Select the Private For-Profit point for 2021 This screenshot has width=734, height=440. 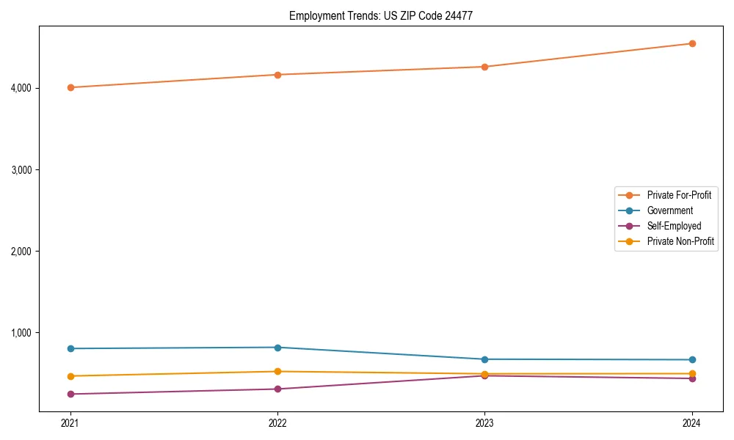pyautogui.click(x=70, y=87)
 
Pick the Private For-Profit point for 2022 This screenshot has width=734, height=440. pyautogui.click(x=277, y=75)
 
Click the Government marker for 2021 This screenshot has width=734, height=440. pyautogui.click(x=70, y=348)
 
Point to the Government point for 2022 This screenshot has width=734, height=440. pyautogui.click(x=277, y=348)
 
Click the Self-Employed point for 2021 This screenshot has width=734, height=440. pyautogui.click(x=70, y=394)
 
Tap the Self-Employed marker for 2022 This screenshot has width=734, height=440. pyautogui.click(x=277, y=389)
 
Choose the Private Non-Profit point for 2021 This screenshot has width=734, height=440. pyautogui.click(x=70, y=376)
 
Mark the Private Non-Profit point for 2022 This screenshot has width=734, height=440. pyautogui.click(x=277, y=371)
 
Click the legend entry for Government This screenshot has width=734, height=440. pyautogui.click(x=669, y=210)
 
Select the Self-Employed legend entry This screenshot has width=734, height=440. pyautogui.click(x=674, y=226)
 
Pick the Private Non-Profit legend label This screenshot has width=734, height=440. pyautogui.click(x=680, y=241)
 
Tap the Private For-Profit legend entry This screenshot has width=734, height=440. pyautogui.click(x=679, y=195)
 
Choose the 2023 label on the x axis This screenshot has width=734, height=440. pyautogui.click(x=484, y=422)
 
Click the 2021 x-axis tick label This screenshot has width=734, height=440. pyautogui.click(x=70, y=422)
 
